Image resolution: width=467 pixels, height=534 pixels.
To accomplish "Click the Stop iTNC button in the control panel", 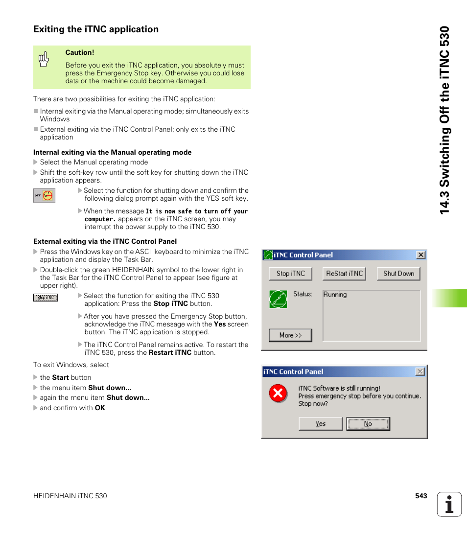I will [x=290, y=274].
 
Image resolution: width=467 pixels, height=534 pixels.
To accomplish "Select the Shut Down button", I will [x=398, y=274].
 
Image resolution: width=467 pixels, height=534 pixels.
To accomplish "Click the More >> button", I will [x=290, y=335].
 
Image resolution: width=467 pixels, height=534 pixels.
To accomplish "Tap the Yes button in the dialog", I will [x=321, y=424].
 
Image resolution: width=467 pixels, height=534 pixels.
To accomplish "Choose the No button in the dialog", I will [x=368, y=424].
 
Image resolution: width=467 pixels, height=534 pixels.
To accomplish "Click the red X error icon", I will [x=278, y=393].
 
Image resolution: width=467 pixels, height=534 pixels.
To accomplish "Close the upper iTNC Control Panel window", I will [x=420, y=255].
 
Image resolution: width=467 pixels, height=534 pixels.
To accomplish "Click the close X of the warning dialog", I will [x=420, y=371].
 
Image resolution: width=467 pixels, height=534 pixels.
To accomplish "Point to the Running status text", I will [x=335, y=295].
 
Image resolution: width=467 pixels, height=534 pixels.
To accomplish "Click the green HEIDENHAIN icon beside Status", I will [x=278, y=299].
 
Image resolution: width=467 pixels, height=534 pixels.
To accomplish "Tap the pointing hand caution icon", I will [x=44, y=59].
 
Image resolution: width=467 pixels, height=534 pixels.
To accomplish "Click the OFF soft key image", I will [x=44, y=196].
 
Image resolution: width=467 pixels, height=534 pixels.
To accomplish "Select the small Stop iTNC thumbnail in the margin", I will [x=46, y=298].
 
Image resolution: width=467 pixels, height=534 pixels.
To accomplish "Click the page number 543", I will [x=421, y=496].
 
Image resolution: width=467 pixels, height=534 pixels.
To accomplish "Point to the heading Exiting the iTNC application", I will [x=96, y=29].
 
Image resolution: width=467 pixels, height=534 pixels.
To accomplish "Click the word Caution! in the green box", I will [x=80, y=52].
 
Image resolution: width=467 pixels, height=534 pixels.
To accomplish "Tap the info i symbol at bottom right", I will [x=449, y=504].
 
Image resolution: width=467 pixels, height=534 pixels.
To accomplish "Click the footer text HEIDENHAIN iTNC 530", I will [x=70, y=496].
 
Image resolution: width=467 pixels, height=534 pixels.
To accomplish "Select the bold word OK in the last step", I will [x=100, y=408].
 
